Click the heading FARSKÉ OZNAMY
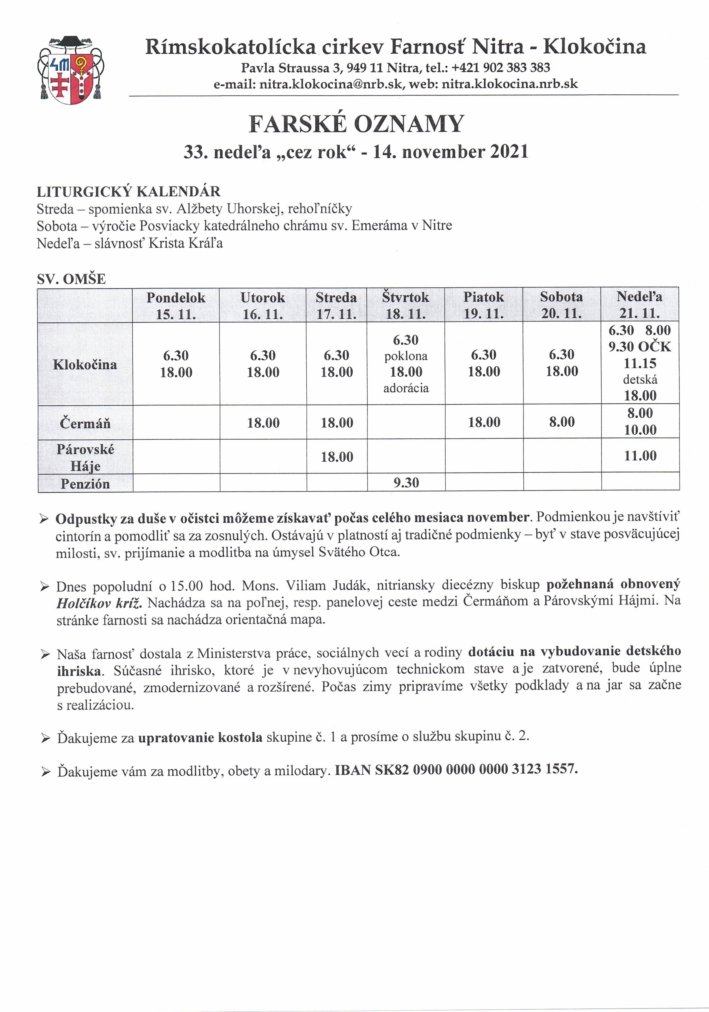pyautogui.click(x=356, y=124)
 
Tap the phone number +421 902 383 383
pyautogui.click(x=501, y=68)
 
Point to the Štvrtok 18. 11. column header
pyautogui.click(x=405, y=305)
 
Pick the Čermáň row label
pyautogui.click(x=85, y=423)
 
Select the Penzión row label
pyautogui.click(x=85, y=483)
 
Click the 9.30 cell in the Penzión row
pyautogui.click(x=406, y=483)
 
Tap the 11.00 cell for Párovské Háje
pyautogui.click(x=640, y=455)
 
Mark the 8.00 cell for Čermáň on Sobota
pyautogui.click(x=562, y=422)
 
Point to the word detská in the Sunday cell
pyautogui.click(x=640, y=380)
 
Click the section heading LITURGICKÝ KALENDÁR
pyautogui.click(x=128, y=192)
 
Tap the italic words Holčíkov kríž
pyautogui.click(x=99, y=603)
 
